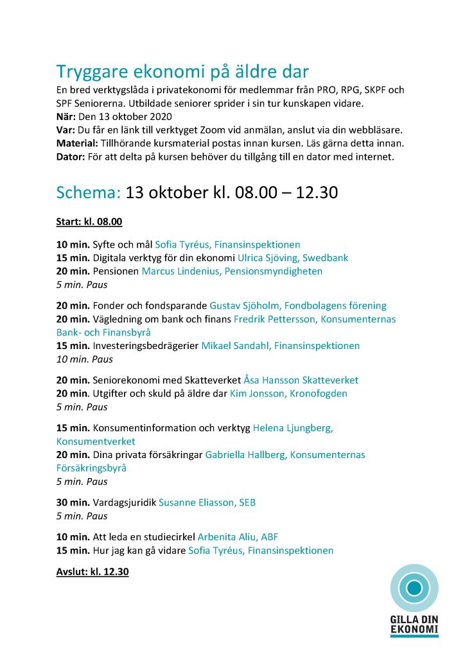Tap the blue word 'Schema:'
[88, 192]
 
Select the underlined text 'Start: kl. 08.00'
[89, 222]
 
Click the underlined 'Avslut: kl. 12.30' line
[92, 571]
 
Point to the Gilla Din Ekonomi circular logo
[414, 588]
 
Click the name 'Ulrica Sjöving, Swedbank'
[293, 258]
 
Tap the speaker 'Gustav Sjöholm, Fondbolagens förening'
[298, 305]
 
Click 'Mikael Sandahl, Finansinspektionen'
[281, 346]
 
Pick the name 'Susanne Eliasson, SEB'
[207, 502]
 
